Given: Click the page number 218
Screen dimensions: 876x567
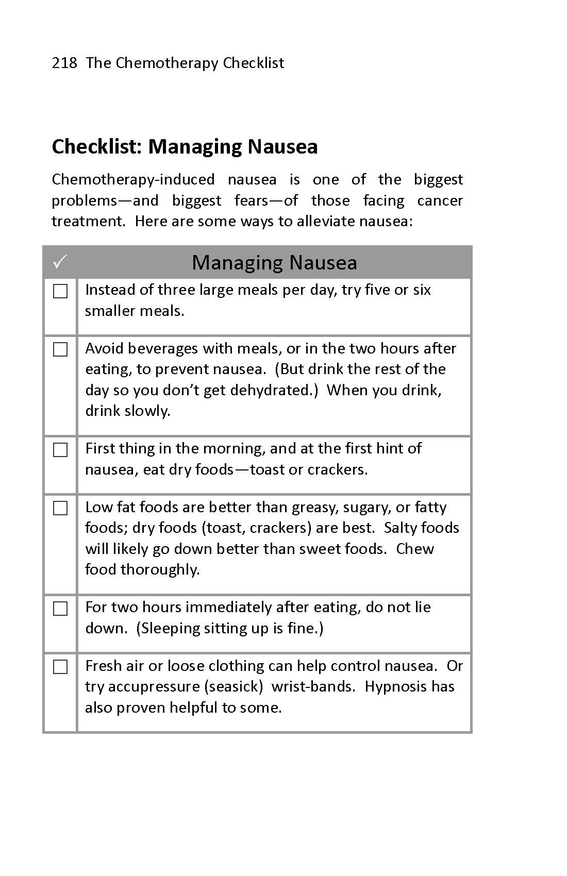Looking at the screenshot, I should pyautogui.click(x=64, y=63).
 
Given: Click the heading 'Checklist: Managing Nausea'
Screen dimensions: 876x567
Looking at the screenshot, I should pyautogui.click(x=185, y=146).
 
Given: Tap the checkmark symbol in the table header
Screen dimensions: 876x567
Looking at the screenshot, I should pyautogui.click(x=60, y=262).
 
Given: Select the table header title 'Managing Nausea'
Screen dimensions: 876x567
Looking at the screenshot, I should pyautogui.click(x=274, y=262).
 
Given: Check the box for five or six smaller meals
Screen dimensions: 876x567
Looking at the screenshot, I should pyautogui.click(x=60, y=292).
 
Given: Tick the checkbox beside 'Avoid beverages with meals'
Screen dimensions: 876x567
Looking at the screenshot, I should pyautogui.click(x=60, y=350).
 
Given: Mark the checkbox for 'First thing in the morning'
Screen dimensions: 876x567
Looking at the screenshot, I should pyautogui.click(x=60, y=450).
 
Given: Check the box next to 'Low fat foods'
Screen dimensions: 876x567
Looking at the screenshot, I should pyautogui.click(x=60, y=508).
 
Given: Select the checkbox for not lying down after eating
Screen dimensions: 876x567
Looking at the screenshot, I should pyautogui.click(x=60, y=609).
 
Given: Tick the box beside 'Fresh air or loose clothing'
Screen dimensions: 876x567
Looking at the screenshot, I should pyautogui.click(x=60, y=667).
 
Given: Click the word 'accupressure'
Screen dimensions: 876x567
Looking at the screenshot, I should pyautogui.click(x=153, y=686).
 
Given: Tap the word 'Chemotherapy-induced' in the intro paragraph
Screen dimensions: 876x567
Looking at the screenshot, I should pyautogui.click(x=133, y=179).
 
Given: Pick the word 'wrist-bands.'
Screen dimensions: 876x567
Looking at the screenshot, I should pyautogui.click(x=313, y=686).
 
